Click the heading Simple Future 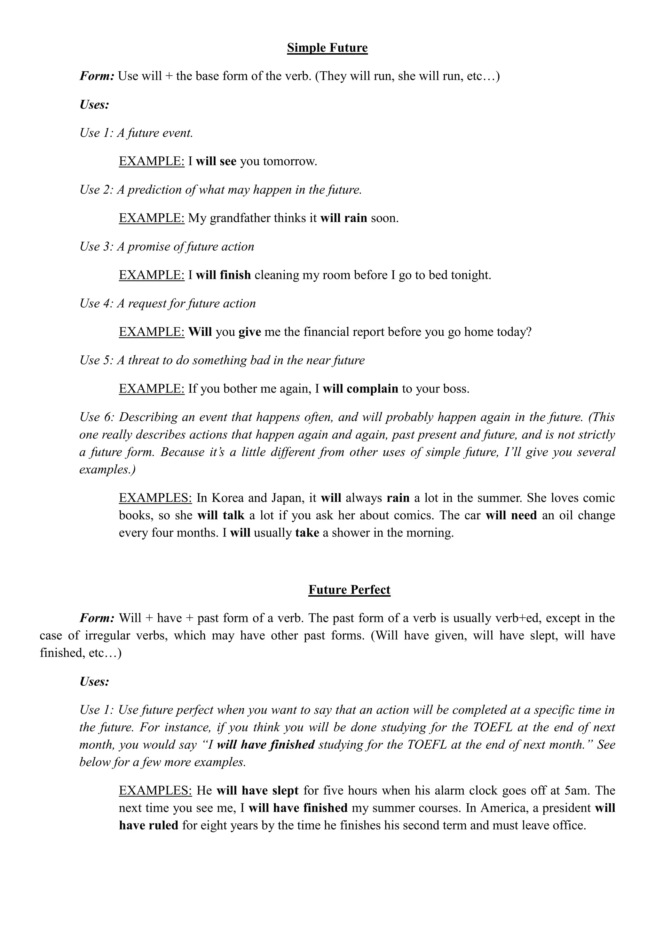point(327,48)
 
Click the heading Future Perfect point(349,590)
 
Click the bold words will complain point(360,389)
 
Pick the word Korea point(227,498)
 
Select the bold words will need point(511,515)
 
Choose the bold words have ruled point(148,825)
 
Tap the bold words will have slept point(257,791)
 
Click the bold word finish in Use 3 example point(235,275)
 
